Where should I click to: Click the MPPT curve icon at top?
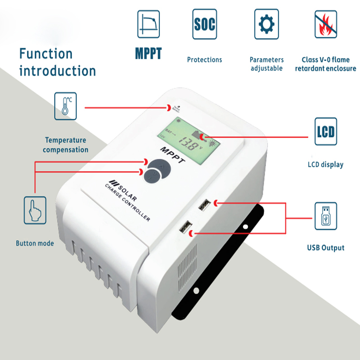coord(148,24)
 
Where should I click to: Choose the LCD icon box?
coord(325,131)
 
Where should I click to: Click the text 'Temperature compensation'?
coord(66,145)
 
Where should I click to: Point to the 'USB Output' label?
coord(326,248)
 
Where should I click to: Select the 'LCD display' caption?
coord(325,165)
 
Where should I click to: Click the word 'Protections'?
coord(204,60)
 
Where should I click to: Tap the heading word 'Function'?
coord(45,54)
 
